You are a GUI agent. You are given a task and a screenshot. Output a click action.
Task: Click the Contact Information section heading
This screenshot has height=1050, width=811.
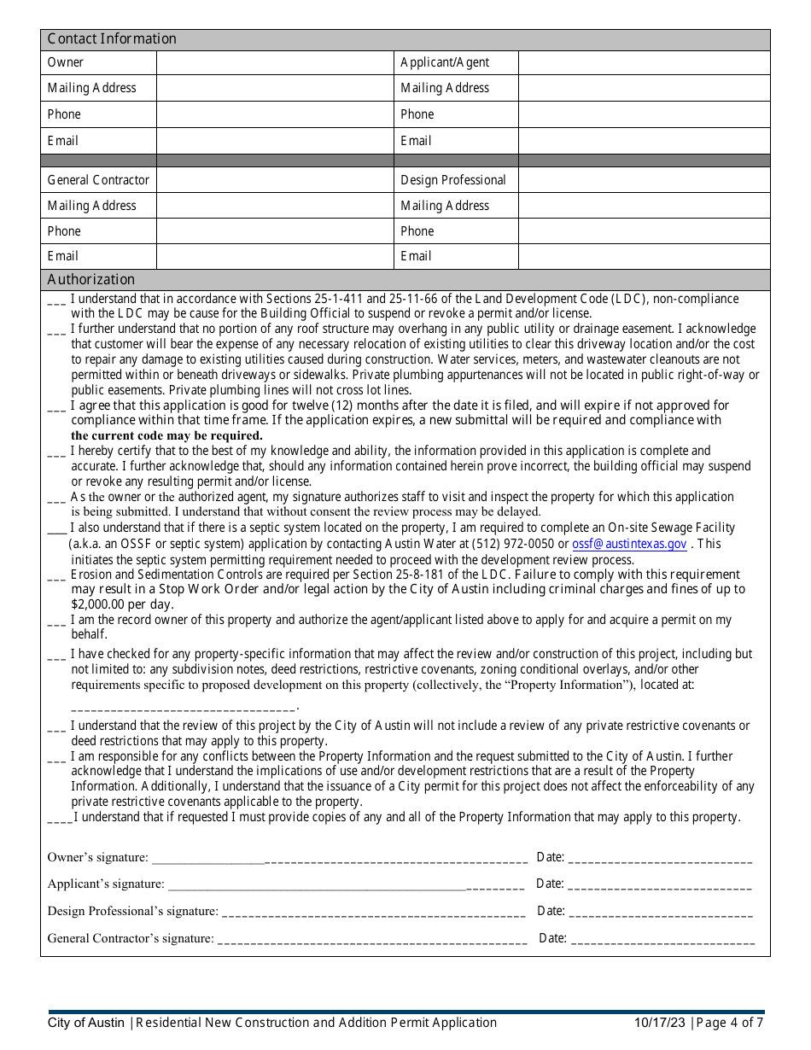pos(112,39)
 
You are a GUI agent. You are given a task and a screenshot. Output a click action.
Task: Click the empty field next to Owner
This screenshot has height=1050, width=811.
pos(274,63)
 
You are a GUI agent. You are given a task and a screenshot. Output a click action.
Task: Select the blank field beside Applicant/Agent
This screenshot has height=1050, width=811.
pos(644,63)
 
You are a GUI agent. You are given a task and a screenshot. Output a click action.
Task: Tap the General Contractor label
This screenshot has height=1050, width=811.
pos(98,180)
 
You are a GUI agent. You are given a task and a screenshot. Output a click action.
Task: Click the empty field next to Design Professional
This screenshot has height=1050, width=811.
pos(644,180)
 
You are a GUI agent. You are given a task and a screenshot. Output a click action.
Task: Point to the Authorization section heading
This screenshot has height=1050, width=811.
pos(91,280)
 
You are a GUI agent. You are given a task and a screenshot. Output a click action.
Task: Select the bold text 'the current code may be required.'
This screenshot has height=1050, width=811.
pos(166,435)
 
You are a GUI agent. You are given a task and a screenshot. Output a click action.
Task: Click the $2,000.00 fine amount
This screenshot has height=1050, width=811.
pos(98,604)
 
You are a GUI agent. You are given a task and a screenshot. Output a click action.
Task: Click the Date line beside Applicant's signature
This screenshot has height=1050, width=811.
pos(660,885)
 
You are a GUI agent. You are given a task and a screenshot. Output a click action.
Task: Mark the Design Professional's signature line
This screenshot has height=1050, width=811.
pos(373,913)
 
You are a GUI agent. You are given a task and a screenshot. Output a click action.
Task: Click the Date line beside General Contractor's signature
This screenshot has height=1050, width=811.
pos(662,940)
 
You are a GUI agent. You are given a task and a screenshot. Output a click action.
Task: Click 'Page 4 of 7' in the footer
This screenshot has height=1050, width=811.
pos(730,1023)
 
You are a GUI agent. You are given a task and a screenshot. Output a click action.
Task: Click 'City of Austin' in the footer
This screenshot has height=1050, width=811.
pos(86,1023)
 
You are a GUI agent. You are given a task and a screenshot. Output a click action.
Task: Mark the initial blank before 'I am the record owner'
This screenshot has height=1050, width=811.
pos(56,622)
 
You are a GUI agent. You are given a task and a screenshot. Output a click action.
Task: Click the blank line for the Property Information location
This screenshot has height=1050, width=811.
pos(183,707)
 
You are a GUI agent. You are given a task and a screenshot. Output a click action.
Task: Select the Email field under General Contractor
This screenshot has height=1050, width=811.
pos(274,256)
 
